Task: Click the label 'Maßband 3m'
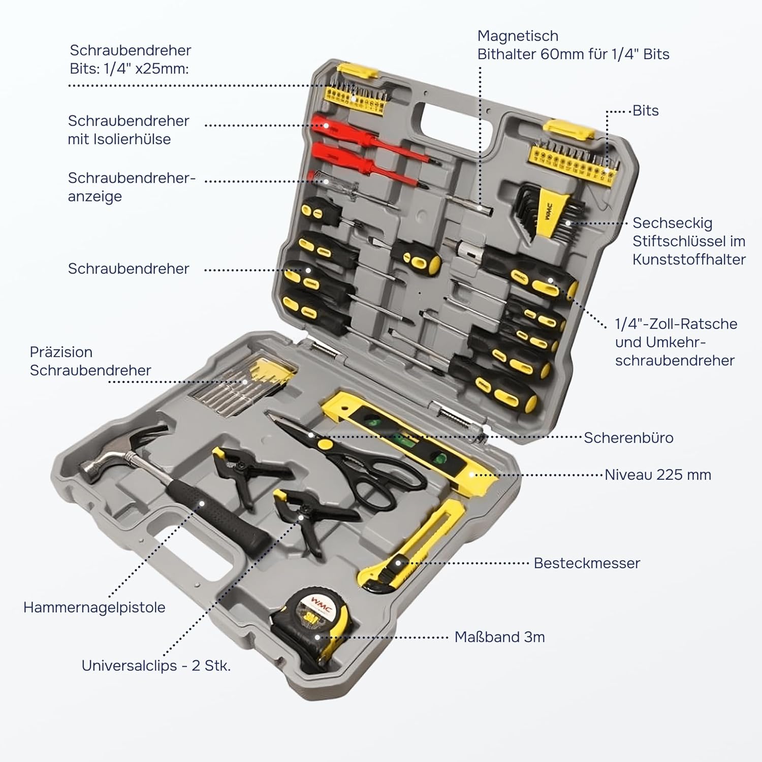click(499, 637)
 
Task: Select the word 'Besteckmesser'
click(587, 563)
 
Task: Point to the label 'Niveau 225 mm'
click(657, 474)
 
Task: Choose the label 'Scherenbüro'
click(628, 437)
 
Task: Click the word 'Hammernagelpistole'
click(94, 607)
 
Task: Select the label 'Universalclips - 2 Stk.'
click(156, 665)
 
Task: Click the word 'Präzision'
click(61, 352)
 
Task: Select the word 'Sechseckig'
click(672, 223)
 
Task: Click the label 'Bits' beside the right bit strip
click(645, 111)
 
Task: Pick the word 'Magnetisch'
click(518, 36)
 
